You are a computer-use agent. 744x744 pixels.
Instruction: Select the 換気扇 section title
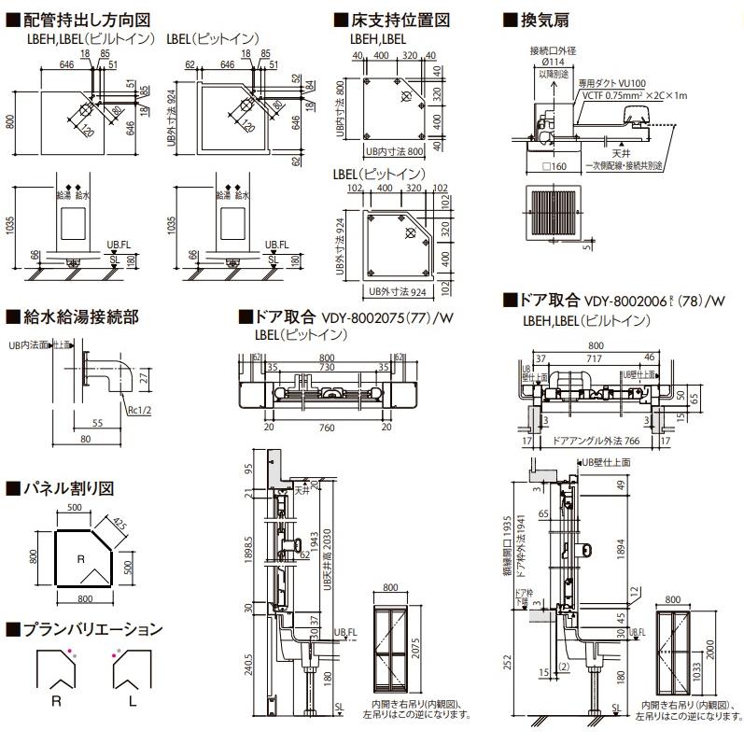pyautogui.click(x=540, y=20)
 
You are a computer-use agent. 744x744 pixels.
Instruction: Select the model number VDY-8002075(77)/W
pyautogui.click(x=388, y=317)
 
